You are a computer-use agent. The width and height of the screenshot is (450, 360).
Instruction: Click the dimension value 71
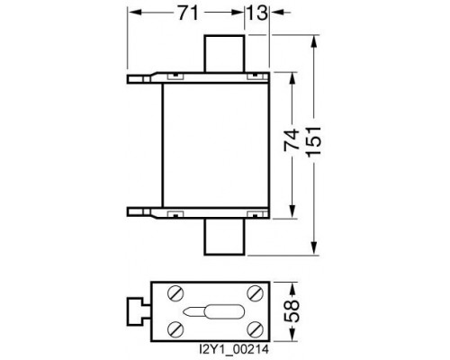point(188,13)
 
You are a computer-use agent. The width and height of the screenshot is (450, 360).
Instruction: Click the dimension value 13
point(257,13)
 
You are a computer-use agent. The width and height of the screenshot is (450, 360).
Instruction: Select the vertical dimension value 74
point(292,139)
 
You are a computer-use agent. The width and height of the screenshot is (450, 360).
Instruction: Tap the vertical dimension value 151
point(313,141)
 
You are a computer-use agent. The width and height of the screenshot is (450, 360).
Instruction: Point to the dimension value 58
point(292,311)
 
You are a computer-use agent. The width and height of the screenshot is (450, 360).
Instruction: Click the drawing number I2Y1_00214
point(234,349)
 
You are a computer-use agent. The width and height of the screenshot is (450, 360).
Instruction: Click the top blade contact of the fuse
point(224,54)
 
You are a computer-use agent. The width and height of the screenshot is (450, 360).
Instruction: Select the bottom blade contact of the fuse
point(224,237)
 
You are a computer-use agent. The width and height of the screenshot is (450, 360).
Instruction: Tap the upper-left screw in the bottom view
point(175,293)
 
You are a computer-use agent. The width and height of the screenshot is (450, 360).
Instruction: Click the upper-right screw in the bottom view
point(255,293)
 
